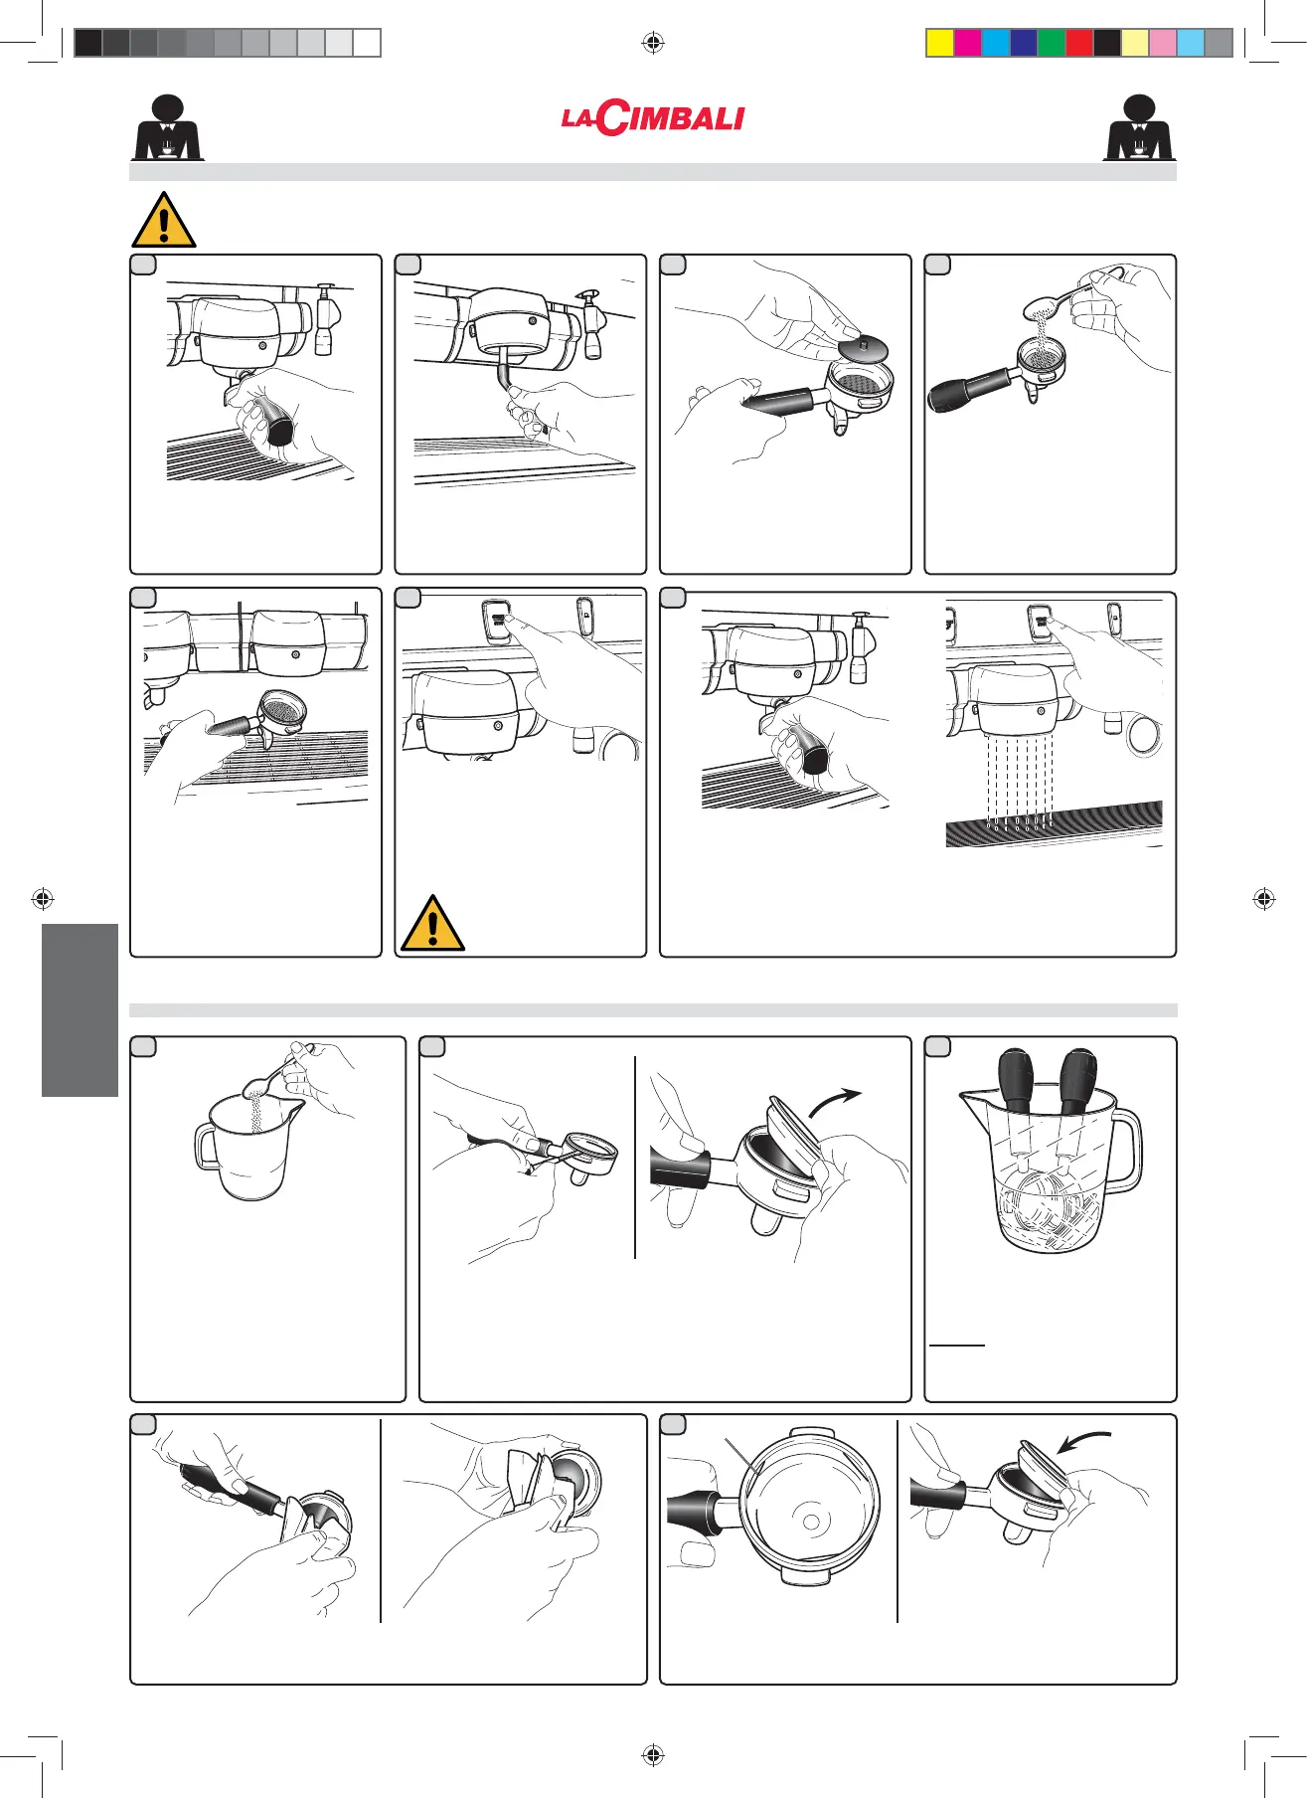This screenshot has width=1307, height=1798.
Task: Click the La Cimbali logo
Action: coord(652,118)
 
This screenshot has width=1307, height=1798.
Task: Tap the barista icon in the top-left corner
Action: coord(168,127)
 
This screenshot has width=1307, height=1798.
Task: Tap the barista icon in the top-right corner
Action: coord(1140,127)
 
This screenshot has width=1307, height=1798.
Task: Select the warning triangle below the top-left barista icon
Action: coord(164,220)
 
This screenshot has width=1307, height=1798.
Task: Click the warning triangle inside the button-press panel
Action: coord(432,923)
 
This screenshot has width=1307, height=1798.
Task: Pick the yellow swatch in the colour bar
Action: coord(939,43)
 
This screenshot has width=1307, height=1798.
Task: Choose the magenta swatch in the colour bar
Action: coord(967,43)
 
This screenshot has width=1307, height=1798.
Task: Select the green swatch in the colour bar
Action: coord(1051,43)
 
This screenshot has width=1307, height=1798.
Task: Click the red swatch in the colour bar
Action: coord(1078,43)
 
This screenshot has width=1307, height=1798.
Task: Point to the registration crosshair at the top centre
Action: coord(653,42)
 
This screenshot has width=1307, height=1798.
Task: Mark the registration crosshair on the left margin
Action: coord(42,899)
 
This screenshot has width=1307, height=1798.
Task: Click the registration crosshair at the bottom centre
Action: coord(653,1755)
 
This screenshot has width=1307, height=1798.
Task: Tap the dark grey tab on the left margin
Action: coord(80,1009)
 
